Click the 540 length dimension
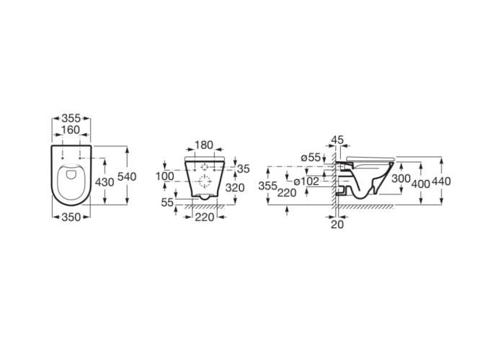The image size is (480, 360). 127,177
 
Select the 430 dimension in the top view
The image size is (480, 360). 105,182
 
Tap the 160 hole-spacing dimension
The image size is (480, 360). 71,130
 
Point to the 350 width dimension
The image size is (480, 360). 71,217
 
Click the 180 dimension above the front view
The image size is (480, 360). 204,145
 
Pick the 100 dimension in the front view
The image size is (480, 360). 165,176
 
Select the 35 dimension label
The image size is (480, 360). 244,168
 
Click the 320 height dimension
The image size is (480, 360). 235,188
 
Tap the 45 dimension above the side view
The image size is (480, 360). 337,140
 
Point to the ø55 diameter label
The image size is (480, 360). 311,158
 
